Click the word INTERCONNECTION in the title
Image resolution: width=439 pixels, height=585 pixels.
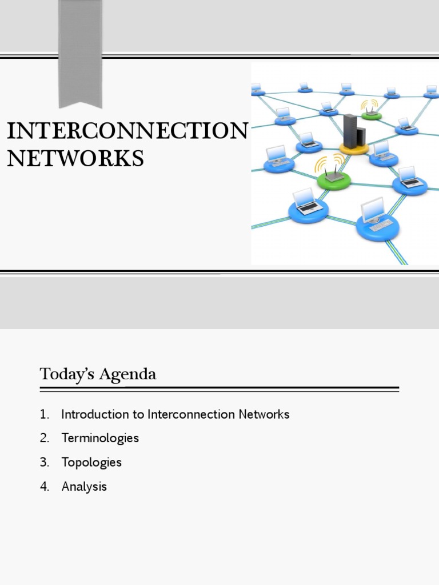pyautogui.click(x=127, y=131)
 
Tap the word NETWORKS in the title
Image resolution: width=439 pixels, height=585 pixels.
pyautogui.click(x=75, y=158)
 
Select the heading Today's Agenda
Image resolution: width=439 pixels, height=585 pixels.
pyautogui.click(x=98, y=375)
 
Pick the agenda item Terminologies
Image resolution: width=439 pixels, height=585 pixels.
pyautogui.click(x=100, y=439)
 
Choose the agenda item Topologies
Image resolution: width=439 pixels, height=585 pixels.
pyautogui.click(x=91, y=463)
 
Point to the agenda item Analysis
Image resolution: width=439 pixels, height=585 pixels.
pyautogui.click(x=84, y=487)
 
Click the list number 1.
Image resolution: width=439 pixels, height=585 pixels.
pyautogui.click(x=44, y=415)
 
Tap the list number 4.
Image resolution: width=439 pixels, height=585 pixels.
pyautogui.click(x=45, y=487)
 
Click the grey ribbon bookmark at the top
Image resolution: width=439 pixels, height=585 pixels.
pyautogui.click(x=81, y=51)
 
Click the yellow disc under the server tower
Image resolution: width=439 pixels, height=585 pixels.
pyautogui.click(x=354, y=150)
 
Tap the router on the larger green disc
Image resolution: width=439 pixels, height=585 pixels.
pyautogui.click(x=334, y=175)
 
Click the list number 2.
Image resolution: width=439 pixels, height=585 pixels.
pyautogui.click(x=45, y=439)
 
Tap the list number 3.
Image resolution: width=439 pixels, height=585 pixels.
pyautogui.click(x=45, y=463)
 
